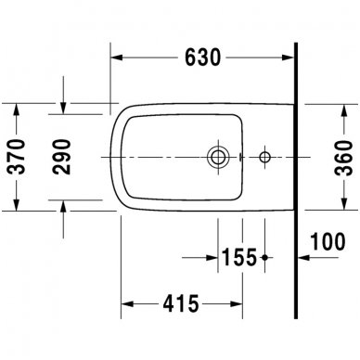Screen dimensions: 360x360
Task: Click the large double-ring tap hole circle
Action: pyautogui.click(x=220, y=156)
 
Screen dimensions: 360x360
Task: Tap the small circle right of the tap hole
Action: pyautogui.click(x=265, y=156)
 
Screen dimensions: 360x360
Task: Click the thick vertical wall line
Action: pyautogui.click(x=296, y=186)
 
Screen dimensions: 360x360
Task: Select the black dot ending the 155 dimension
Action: pyautogui.click(x=266, y=255)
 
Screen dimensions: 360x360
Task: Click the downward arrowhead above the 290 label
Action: pyautogui.click(x=63, y=109)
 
